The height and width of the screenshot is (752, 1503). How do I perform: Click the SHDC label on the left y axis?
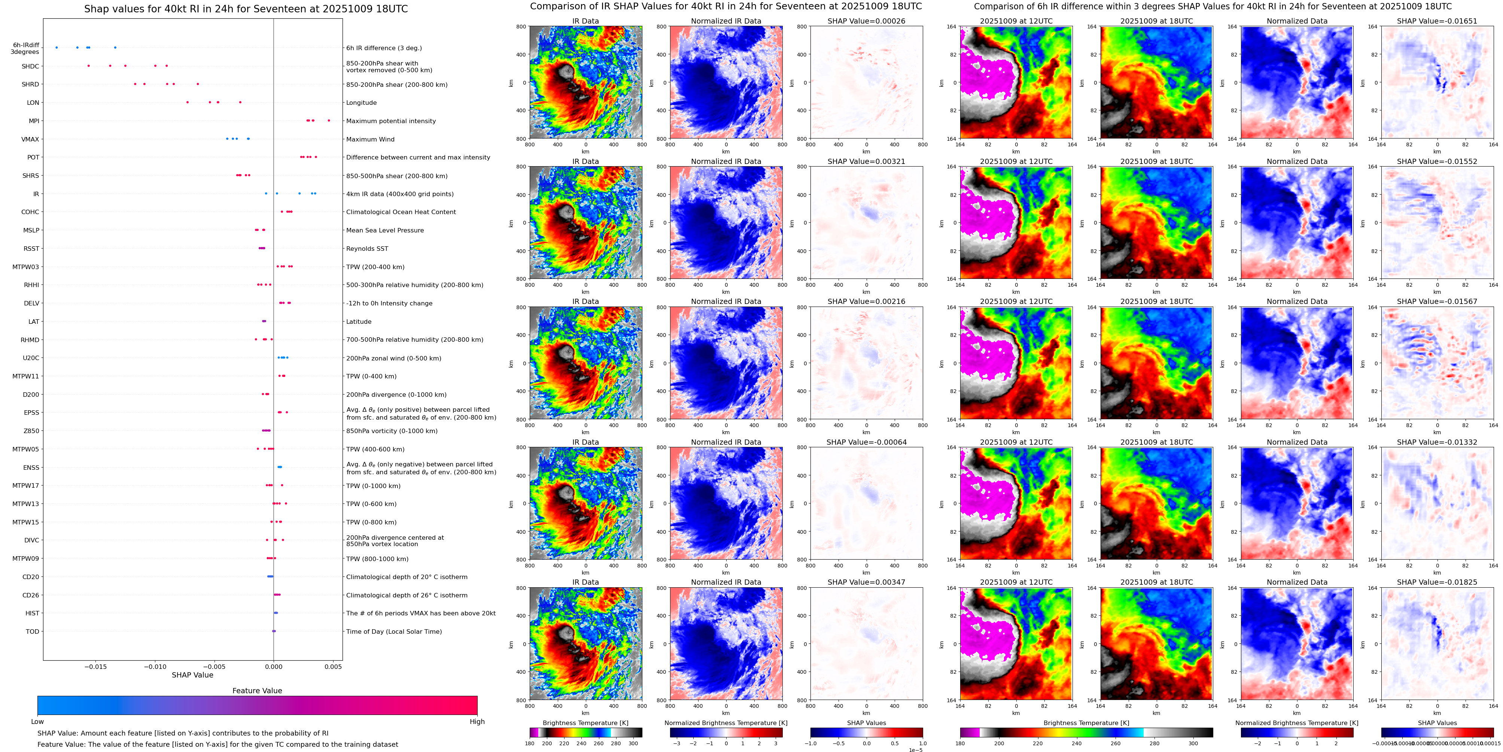(x=30, y=67)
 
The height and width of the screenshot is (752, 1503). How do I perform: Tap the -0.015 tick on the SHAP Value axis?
(x=96, y=666)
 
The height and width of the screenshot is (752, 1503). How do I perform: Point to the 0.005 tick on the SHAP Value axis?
(x=332, y=666)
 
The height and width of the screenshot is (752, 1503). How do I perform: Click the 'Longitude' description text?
(x=361, y=103)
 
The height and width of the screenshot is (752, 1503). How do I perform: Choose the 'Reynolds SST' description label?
(x=367, y=249)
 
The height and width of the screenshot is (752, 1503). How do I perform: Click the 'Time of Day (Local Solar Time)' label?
(x=394, y=631)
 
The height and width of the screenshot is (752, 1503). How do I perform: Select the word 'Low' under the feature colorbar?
(x=37, y=722)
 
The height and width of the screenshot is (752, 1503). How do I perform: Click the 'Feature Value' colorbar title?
(x=257, y=691)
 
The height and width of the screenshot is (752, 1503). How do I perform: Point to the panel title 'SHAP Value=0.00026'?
(x=866, y=21)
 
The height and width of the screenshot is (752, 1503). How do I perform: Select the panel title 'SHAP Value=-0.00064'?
(x=866, y=442)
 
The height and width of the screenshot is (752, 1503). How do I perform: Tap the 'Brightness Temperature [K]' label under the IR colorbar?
(x=585, y=723)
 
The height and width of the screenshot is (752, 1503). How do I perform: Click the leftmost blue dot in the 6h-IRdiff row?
(x=57, y=47)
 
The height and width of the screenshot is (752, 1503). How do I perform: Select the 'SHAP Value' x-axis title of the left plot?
(x=192, y=675)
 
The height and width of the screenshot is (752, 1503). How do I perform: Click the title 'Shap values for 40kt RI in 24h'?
(x=246, y=9)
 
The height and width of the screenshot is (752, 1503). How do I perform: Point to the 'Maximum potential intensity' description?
(x=391, y=121)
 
